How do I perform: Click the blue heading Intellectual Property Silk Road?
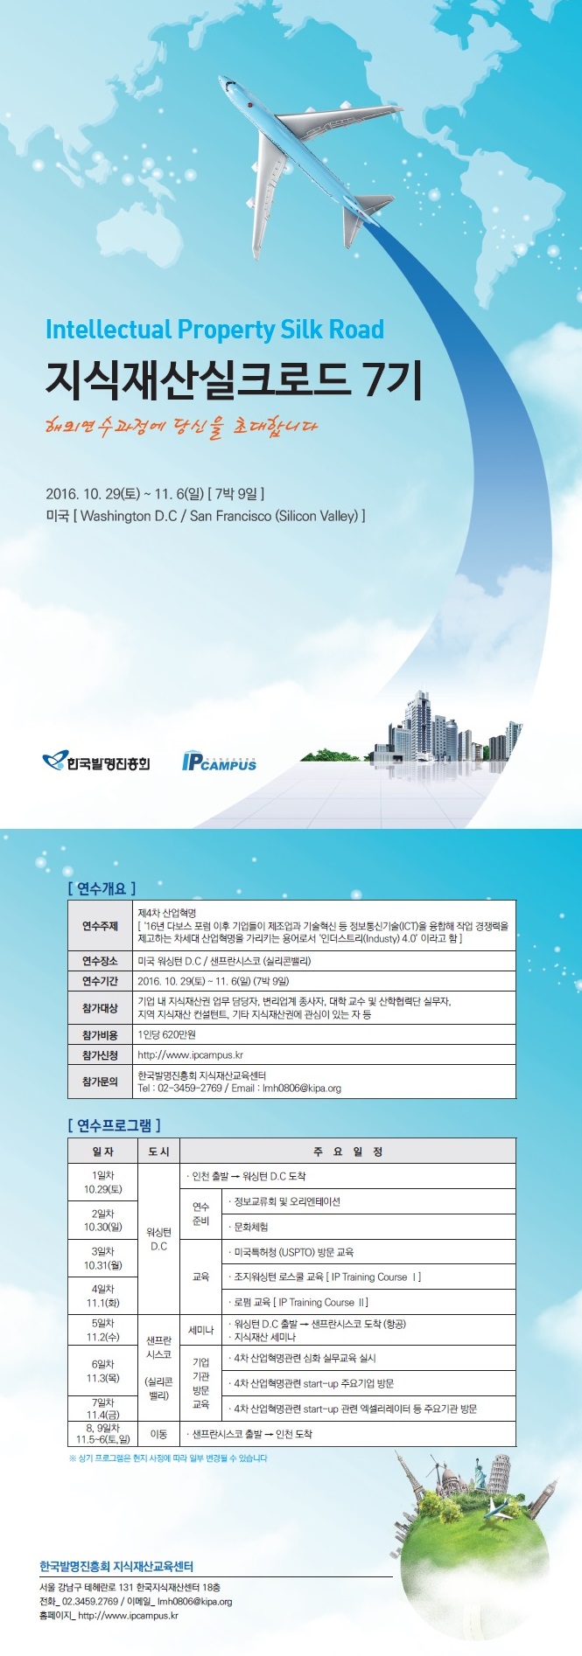(x=214, y=330)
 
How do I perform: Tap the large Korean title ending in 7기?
(x=235, y=379)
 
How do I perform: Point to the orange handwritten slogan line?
(x=181, y=427)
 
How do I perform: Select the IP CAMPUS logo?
(x=219, y=762)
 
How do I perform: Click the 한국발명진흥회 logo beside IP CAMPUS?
(x=95, y=762)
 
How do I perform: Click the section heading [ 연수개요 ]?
(x=102, y=888)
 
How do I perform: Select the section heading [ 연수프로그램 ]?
(x=114, y=1124)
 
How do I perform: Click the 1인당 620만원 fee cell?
(x=167, y=1034)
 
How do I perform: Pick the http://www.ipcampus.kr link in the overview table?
(x=191, y=1055)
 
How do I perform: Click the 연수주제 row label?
(x=100, y=926)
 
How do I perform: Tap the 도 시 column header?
(x=158, y=1152)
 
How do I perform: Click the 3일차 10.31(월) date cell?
(x=103, y=1258)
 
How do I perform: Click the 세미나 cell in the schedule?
(x=200, y=1330)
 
